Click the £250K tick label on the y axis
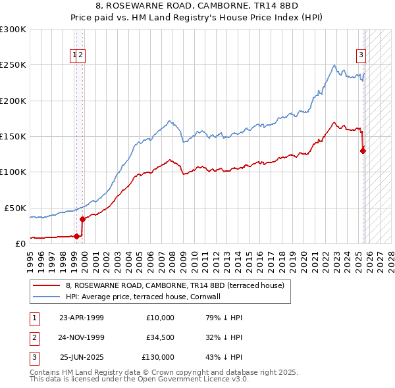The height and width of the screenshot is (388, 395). (13, 65)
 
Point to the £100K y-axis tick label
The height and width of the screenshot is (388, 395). (13, 172)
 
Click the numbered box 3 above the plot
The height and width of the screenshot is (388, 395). (361, 56)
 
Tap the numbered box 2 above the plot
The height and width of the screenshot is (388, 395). (81, 56)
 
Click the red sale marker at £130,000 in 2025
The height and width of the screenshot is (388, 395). (363, 151)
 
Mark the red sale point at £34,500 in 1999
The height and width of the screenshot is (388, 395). (82, 219)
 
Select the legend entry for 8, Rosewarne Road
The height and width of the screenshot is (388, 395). (174, 286)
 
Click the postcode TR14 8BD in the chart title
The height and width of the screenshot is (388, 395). (276, 6)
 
